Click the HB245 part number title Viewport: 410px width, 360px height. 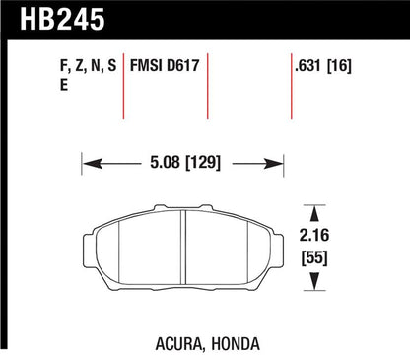[62, 19]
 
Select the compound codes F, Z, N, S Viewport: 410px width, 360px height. [89, 65]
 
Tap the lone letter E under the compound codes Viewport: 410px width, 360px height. [64, 85]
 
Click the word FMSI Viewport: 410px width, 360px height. [147, 65]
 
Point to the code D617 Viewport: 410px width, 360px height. [183, 65]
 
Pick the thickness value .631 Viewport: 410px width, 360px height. [307, 65]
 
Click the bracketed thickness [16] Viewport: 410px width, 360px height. [339, 65]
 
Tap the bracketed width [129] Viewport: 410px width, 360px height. [203, 163]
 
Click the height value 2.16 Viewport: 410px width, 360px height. [314, 235]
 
